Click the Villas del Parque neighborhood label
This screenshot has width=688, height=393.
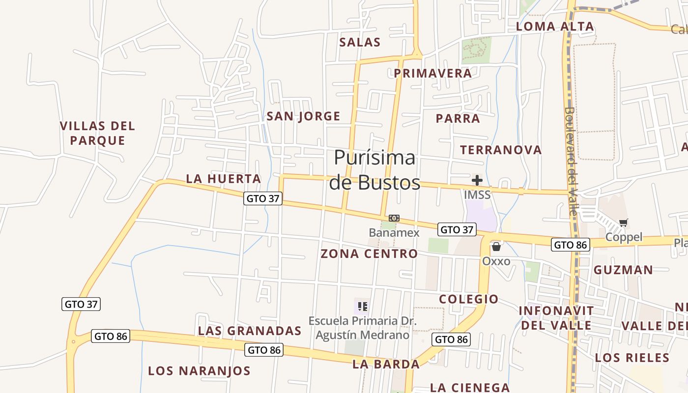[x=97, y=133]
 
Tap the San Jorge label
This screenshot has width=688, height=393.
[x=303, y=116]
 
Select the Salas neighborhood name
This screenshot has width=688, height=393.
[x=360, y=42]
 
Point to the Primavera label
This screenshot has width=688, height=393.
[x=433, y=73]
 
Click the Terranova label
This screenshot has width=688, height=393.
[x=501, y=150]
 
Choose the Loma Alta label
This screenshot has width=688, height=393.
[x=555, y=27]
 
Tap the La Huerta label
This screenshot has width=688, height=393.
[x=224, y=179]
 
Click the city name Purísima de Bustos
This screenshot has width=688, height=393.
[x=374, y=170]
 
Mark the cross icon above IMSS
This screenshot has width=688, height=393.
[x=477, y=180]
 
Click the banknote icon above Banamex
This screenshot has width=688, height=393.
[x=394, y=218]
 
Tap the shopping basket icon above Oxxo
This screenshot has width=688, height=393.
[x=496, y=247]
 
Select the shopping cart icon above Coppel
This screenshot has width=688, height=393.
[x=624, y=223]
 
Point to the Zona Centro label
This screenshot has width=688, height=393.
[x=369, y=254]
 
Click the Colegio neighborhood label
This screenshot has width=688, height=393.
[x=469, y=299]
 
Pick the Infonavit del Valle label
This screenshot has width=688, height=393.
[x=556, y=318]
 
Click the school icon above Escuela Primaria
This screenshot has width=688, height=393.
[x=363, y=307]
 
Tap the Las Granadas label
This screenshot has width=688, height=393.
[x=250, y=331]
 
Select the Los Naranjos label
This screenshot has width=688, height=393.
[x=200, y=371]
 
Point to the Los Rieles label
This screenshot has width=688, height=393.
[x=632, y=358]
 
